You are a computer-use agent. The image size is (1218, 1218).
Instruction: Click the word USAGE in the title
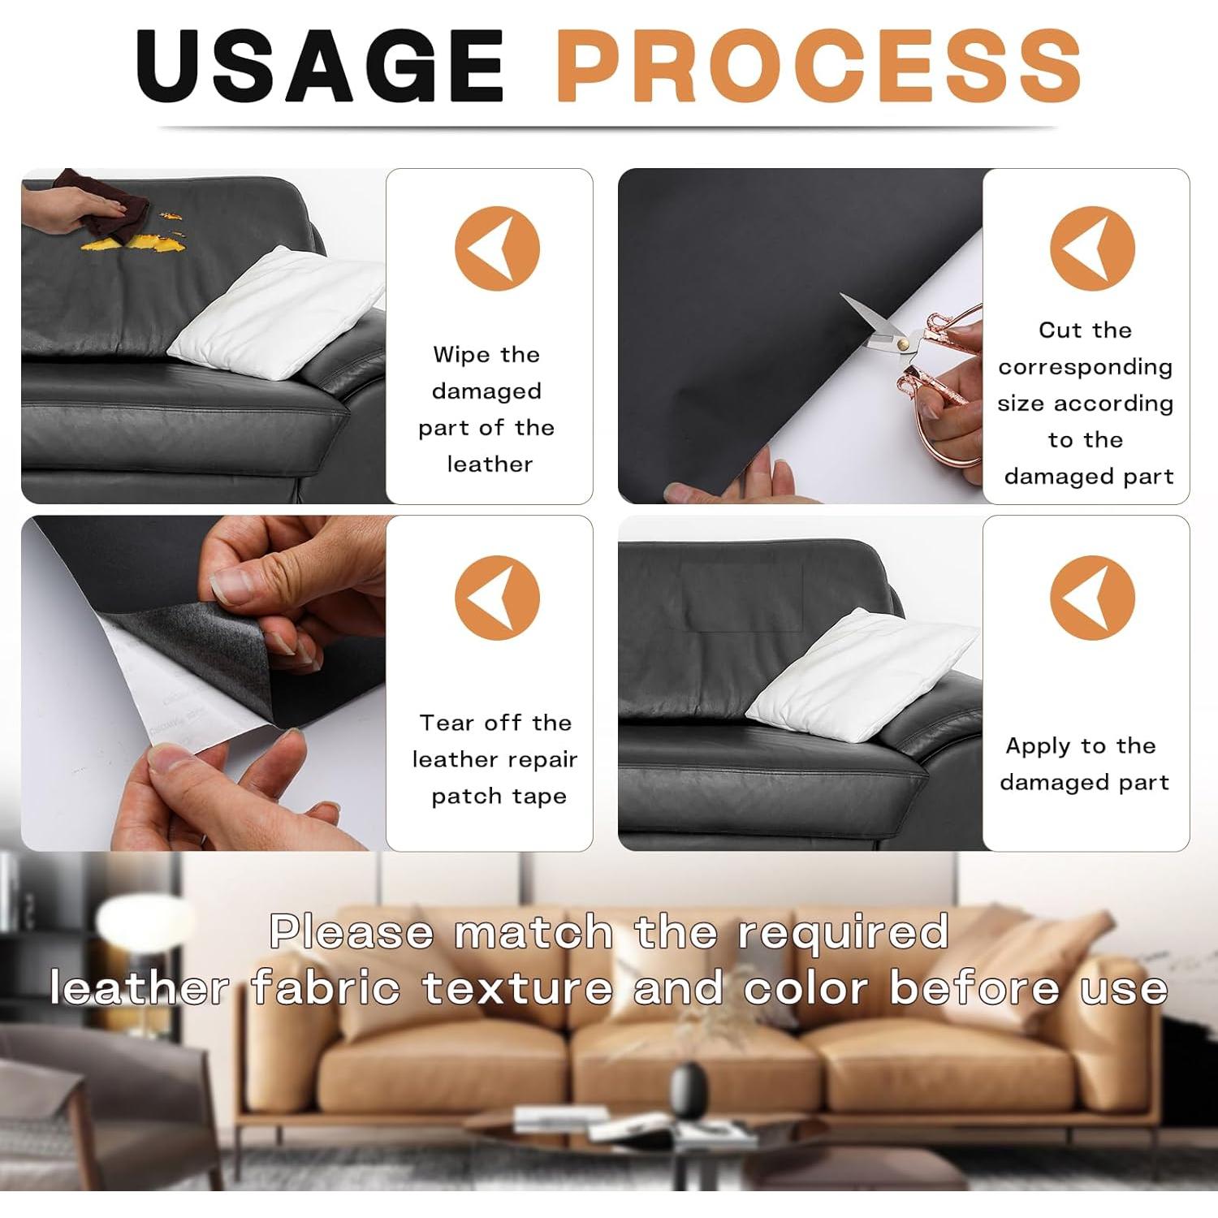point(321,67)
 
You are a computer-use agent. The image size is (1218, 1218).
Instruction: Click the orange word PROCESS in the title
point(818,67)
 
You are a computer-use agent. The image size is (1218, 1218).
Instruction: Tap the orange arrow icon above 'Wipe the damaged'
point(497,248)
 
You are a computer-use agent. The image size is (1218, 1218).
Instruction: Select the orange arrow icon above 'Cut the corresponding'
point(1092,248)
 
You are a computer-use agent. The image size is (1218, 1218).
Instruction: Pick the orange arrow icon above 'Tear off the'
point(497,598)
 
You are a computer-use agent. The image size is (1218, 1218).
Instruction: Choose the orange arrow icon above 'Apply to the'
point(1092,598)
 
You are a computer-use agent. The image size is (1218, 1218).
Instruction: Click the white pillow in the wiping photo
point(276,313)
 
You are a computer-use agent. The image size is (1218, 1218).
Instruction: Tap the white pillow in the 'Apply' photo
point(861,666)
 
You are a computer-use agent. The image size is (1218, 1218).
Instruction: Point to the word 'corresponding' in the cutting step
point(1085,367)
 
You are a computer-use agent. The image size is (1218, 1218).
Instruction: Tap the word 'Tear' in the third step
point(447,723)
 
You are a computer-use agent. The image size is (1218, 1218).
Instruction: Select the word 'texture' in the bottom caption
point(517,989)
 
